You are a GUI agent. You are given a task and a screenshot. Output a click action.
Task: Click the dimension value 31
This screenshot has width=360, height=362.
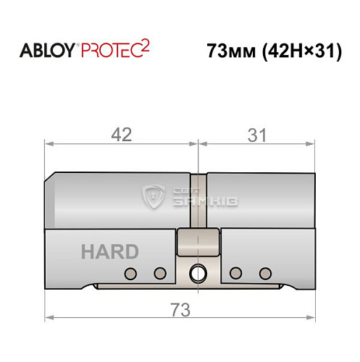(x=256, y=135)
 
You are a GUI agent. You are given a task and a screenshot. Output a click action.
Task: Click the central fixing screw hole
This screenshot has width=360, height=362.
(x=196, y=273)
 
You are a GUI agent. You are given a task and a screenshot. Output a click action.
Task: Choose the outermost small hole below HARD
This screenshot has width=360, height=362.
(x=130, y=273)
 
